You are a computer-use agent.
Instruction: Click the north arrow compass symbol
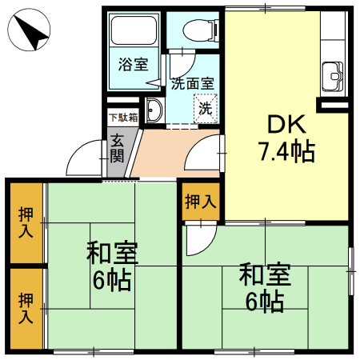pyautogui.click(x=30, y=34)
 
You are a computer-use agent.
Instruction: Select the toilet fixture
pyautogui.click(x=197, y=30)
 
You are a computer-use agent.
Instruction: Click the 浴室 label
pyautogui.click(x=133, y=65)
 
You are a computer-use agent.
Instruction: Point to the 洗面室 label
pyautogui.click(x=192, y=82)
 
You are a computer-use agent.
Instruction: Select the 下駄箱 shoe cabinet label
pyautogui.click(x=123, y=117)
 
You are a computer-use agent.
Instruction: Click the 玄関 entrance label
pyautogui.click(x=118, y=147)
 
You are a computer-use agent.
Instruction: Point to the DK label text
pyautogui.click(x=285, y=124)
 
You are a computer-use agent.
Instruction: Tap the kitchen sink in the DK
pyautogui.click(x=332, y=78)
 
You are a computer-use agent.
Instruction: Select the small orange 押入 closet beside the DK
pyautogui.click(x=200, y=203)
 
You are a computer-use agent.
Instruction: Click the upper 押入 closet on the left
pyautogui.click(x=26, y=223)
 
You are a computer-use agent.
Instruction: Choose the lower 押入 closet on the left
pyautogui.click(x=26, y=308)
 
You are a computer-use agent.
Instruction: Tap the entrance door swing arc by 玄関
pyautogui.click(x=84, y=158)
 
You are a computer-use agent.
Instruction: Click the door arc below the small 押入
pyautogui.click(x=197, y=240)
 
